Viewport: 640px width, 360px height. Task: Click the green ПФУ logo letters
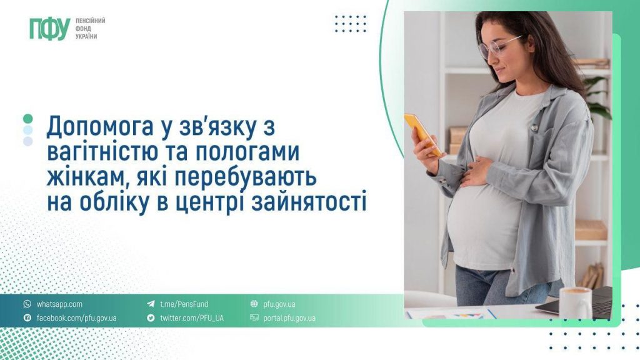pos(49,29)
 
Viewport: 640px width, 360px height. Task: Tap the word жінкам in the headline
pos(81,177)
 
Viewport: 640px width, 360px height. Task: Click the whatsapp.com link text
pos(59,304)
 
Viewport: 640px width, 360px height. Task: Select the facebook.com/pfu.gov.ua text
pos(76,318)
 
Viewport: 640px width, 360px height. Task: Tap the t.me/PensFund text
pos(184,304)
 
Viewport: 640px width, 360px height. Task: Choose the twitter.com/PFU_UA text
pos(191,318)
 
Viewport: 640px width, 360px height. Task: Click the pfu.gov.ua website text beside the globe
pos(279,304)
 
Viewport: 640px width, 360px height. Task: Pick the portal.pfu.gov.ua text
pos(289,318)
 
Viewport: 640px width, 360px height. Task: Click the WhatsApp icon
pos(27,304)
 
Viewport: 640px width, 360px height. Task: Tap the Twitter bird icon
pos(151,318)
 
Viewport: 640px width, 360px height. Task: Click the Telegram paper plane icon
pos(151,304)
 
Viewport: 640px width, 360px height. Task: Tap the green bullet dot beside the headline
pos(27,119)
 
